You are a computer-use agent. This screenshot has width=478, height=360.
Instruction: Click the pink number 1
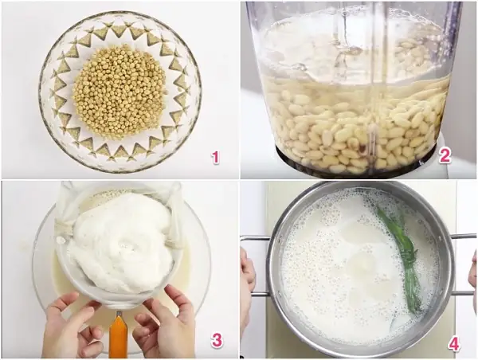(x=216, y=157)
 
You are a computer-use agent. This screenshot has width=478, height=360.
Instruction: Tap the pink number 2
(x=445, y=156)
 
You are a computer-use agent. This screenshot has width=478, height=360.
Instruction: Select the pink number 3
(x=217, y=340)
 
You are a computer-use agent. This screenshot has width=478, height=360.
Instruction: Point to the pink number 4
(x=454, y=344)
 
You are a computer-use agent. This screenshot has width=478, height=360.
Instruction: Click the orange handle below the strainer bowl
(x=118, y=335)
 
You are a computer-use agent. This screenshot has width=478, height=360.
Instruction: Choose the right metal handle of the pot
(x=463, y=265)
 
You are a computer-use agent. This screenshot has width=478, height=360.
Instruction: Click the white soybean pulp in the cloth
(x=119, y=240)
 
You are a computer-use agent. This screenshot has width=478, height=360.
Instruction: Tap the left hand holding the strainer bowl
(x=71, y=326)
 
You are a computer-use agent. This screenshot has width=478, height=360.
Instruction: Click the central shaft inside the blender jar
(x=374, y=92)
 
